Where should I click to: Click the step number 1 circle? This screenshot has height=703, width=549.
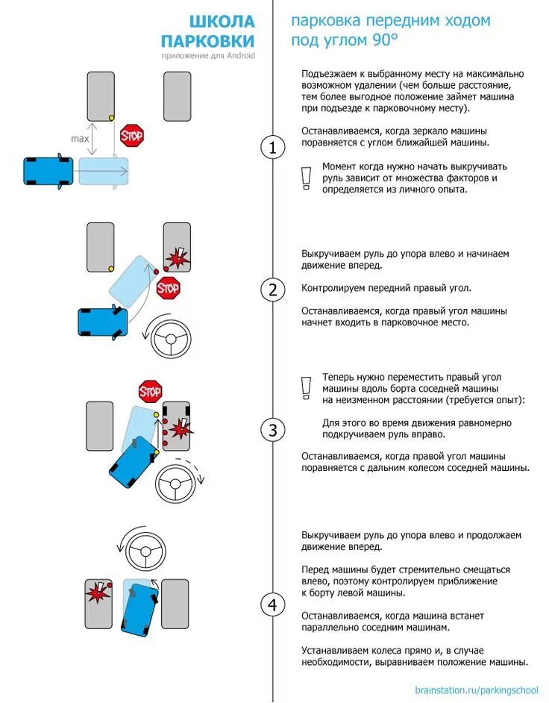click(x=273, y=148)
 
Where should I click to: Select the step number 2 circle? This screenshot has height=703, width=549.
click(x=273, y=290)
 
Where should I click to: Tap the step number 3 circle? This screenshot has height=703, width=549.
click(x=273, y=429)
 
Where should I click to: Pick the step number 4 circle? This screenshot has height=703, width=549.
click(x=273, y=604)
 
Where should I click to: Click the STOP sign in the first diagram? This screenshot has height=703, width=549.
click(x=132, y=136)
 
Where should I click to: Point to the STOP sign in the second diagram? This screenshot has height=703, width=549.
click(x=169, y=287)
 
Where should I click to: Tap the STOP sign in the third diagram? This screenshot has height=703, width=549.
click(x=151, y=390)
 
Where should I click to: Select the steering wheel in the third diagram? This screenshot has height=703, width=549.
click(x=175, y=484)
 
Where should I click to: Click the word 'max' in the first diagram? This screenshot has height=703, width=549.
click(x=80, y=139)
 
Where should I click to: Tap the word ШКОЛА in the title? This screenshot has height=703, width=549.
click(x=222, y=22)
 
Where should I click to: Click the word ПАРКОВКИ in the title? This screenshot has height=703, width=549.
click(x=208, y=41)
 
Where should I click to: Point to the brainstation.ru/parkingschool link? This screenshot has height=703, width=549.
click(x=477, y=690)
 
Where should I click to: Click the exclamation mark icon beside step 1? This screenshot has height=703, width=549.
click(x=304, y=178)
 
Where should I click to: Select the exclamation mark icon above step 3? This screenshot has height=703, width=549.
click(x=304, y=387)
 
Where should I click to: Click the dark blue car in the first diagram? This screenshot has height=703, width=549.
click(x=48, y=170)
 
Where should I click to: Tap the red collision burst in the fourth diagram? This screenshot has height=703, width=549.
click(x=97, y=593)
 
